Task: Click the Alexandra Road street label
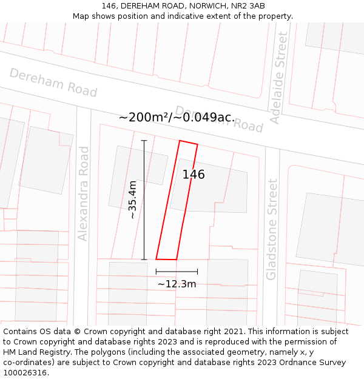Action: (x=83, y=193)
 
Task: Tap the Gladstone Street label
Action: (x=272, y=229)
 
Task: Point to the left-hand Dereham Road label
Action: (x=53, y=82)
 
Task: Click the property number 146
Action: (x=194, y=175)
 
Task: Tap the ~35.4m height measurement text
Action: (x=133, y=200)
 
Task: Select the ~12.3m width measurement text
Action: (x=177, y=284)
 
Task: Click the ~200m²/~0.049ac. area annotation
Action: (x=177, y=117)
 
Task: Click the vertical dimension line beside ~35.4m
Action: (x=144, y=200)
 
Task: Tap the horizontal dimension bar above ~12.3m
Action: (x=177, y=271)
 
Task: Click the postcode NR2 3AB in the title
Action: (x=246, y=5)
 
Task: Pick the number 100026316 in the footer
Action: (x=25, y=373)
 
